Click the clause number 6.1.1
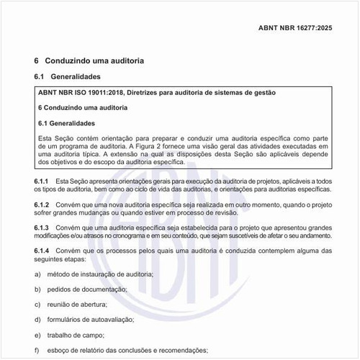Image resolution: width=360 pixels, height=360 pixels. [x=41, y=179]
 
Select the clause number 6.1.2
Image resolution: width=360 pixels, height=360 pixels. [x=41, y=205]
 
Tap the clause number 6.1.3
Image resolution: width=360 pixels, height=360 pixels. [x=41, y=228]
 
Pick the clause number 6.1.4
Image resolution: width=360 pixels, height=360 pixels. [x=41, y=250]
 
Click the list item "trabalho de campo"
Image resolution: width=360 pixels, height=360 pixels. [x=78, y=335]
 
